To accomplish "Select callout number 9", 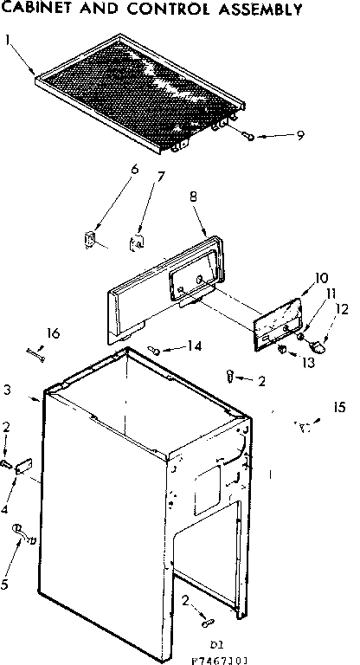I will [x=300, y=134].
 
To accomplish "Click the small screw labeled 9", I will [x=249, y=137].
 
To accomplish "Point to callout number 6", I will [x=134, y=169].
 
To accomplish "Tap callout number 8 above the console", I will [x=195, y=197].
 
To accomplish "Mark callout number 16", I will [x=53, y=333].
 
